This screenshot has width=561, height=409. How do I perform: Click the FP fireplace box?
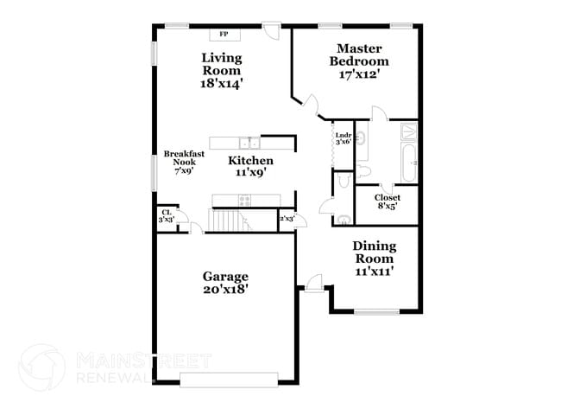tap(224, 34)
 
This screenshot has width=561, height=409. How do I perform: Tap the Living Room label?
tap(222, 71)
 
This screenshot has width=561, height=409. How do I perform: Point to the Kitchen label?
tap(251, 166)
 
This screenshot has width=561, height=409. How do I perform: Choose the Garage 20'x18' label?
tap(225, 283)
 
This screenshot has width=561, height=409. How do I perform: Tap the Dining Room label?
tap(374, 259)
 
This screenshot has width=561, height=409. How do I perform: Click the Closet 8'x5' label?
tap(387, 201)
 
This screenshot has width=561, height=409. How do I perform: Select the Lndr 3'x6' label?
tap(343, 137)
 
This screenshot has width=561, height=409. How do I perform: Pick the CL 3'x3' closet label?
tap(166, 216)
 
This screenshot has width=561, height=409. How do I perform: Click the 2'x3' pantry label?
tap(287, 219)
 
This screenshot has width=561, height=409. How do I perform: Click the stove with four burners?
tap(244, 200)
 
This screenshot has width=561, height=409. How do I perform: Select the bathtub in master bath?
tap(409, 162)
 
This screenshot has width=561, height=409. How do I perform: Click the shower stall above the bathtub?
tap(409, 131)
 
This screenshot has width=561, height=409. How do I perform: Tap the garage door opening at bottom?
tap(229, 379)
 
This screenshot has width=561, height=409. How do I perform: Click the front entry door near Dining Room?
tap(313, 283)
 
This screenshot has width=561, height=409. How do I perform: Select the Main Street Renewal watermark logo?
tap(41, 366)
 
